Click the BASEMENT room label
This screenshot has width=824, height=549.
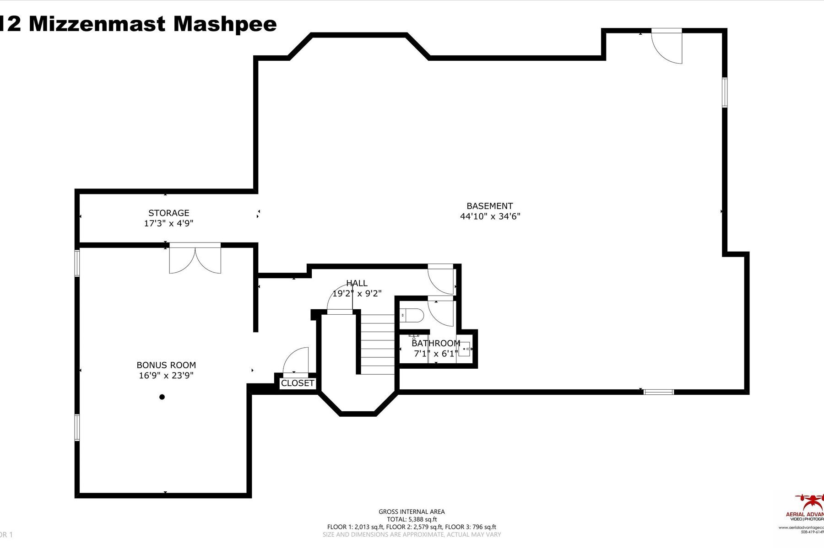pyautogui.click(x=489, y=206)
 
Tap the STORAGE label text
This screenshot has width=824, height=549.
pyautogui.click(x=168, y=213)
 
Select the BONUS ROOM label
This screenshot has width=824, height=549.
pyautogui.click(x=166, y=365)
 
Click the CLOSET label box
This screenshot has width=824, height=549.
pyautogui.click(x=298, y=383)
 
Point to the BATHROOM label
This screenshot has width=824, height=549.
pyautogui.click(x=435, y=343)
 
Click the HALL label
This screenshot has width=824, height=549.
pyautogui.click(x=357, y=283)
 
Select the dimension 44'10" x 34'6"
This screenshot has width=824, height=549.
pyautogui.click(x=490, y=216)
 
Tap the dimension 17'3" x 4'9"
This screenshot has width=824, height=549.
pyautogui.click(x=168, y=223)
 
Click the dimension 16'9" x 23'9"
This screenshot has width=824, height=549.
pyautogui.click(x=166, y=376)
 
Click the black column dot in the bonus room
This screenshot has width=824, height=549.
pyautogui.click(x=162, y=397)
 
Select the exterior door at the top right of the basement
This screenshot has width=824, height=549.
pyautogui.click(x=667, y=46)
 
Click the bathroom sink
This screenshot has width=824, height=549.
pyautogui.click(x=464, y=349)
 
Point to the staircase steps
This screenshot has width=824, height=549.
pyautogui.click(x=378, y=343)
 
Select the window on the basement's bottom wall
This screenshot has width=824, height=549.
pyautogui.click(x=658, y=392)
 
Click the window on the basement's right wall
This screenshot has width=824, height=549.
pyautogui.click(x=725, y=92)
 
